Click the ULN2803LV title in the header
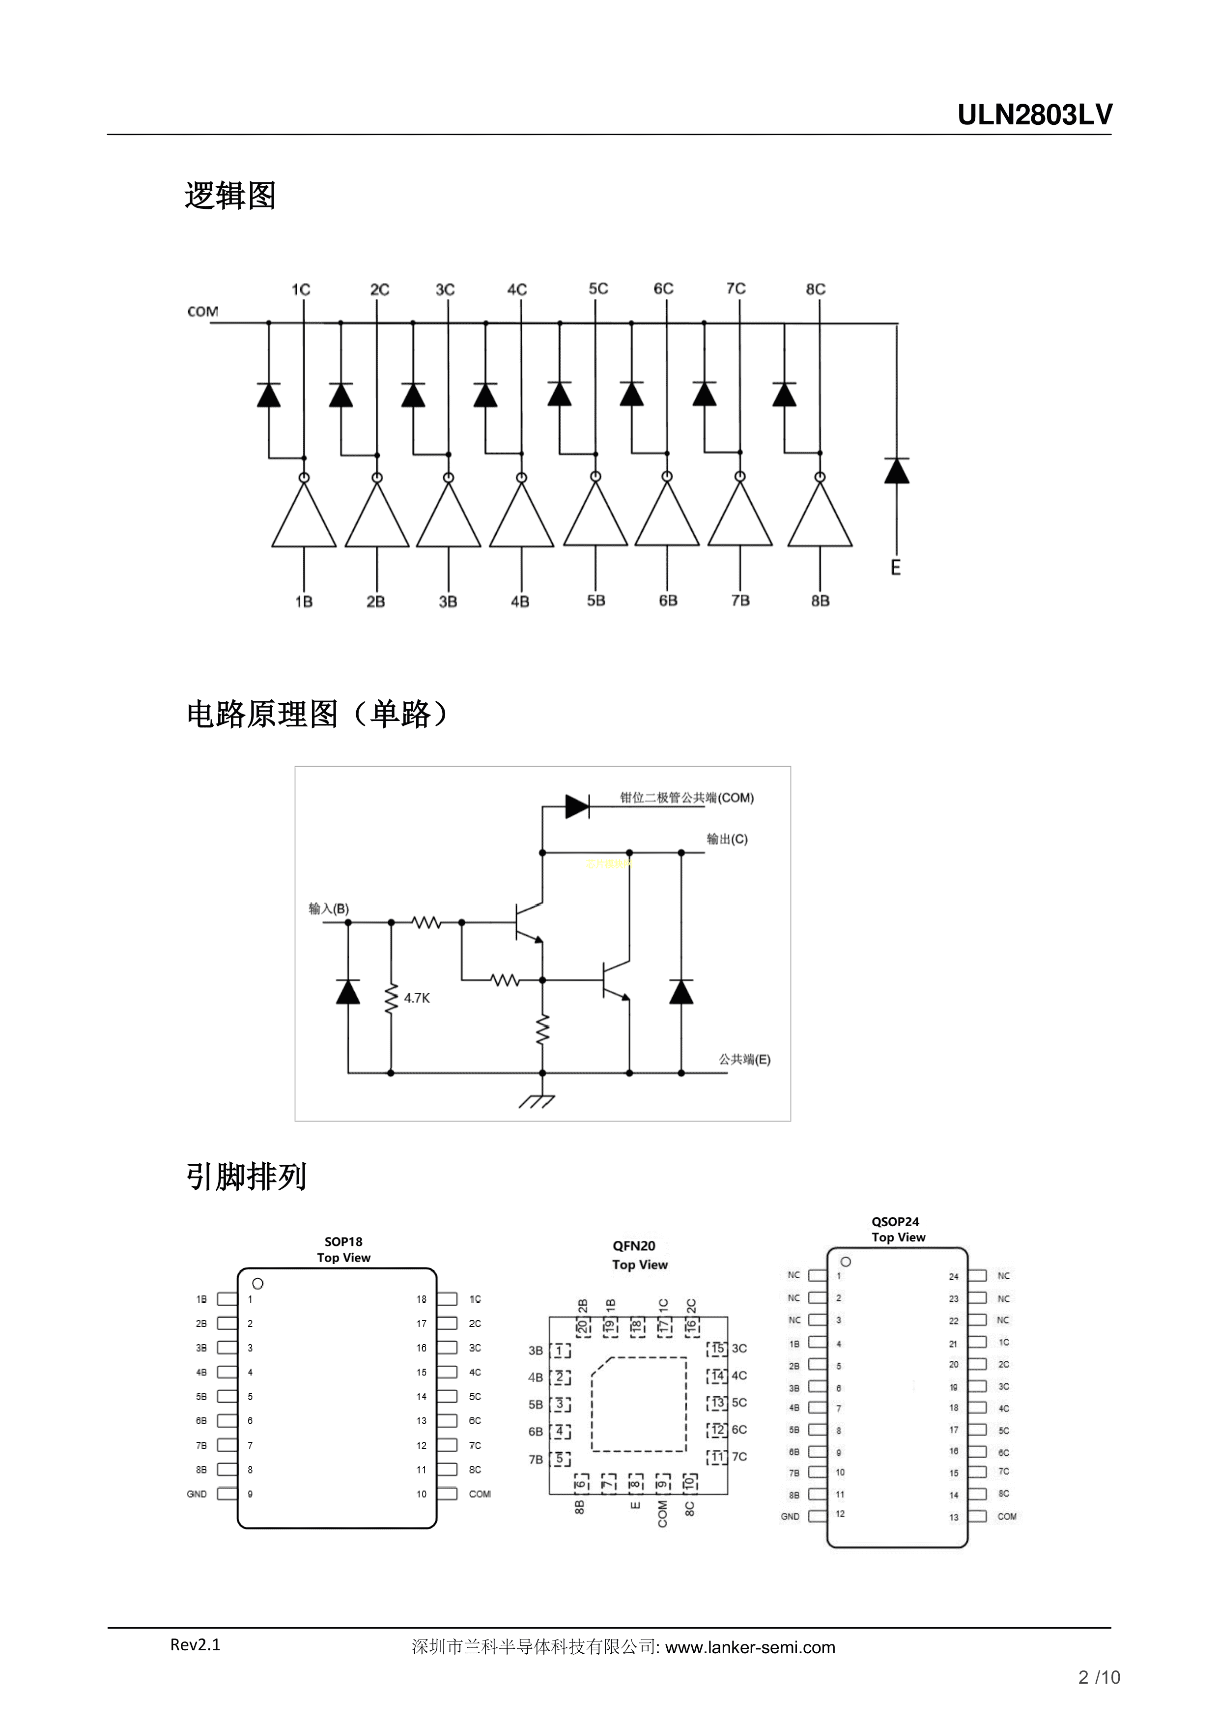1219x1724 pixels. coord(1034,115)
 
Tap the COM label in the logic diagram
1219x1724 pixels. coord(202,312)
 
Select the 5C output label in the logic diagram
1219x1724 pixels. coord(598,289)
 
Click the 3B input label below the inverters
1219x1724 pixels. coord(448,602)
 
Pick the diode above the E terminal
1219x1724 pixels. coord(897,471)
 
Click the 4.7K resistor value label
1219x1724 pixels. coord(417,998)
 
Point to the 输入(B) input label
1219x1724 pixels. coord(329,909)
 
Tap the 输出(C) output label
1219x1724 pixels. coord(727,839)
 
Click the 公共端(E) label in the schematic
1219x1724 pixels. coord(744,1060)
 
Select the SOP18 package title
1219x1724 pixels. coord(343,1242)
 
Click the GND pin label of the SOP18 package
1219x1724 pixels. coord(197,1494)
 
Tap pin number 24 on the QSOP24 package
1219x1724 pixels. coord(953,1276)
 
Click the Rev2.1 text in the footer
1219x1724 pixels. coord(195,1644)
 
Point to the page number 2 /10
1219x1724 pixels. coord(1099,1677)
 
